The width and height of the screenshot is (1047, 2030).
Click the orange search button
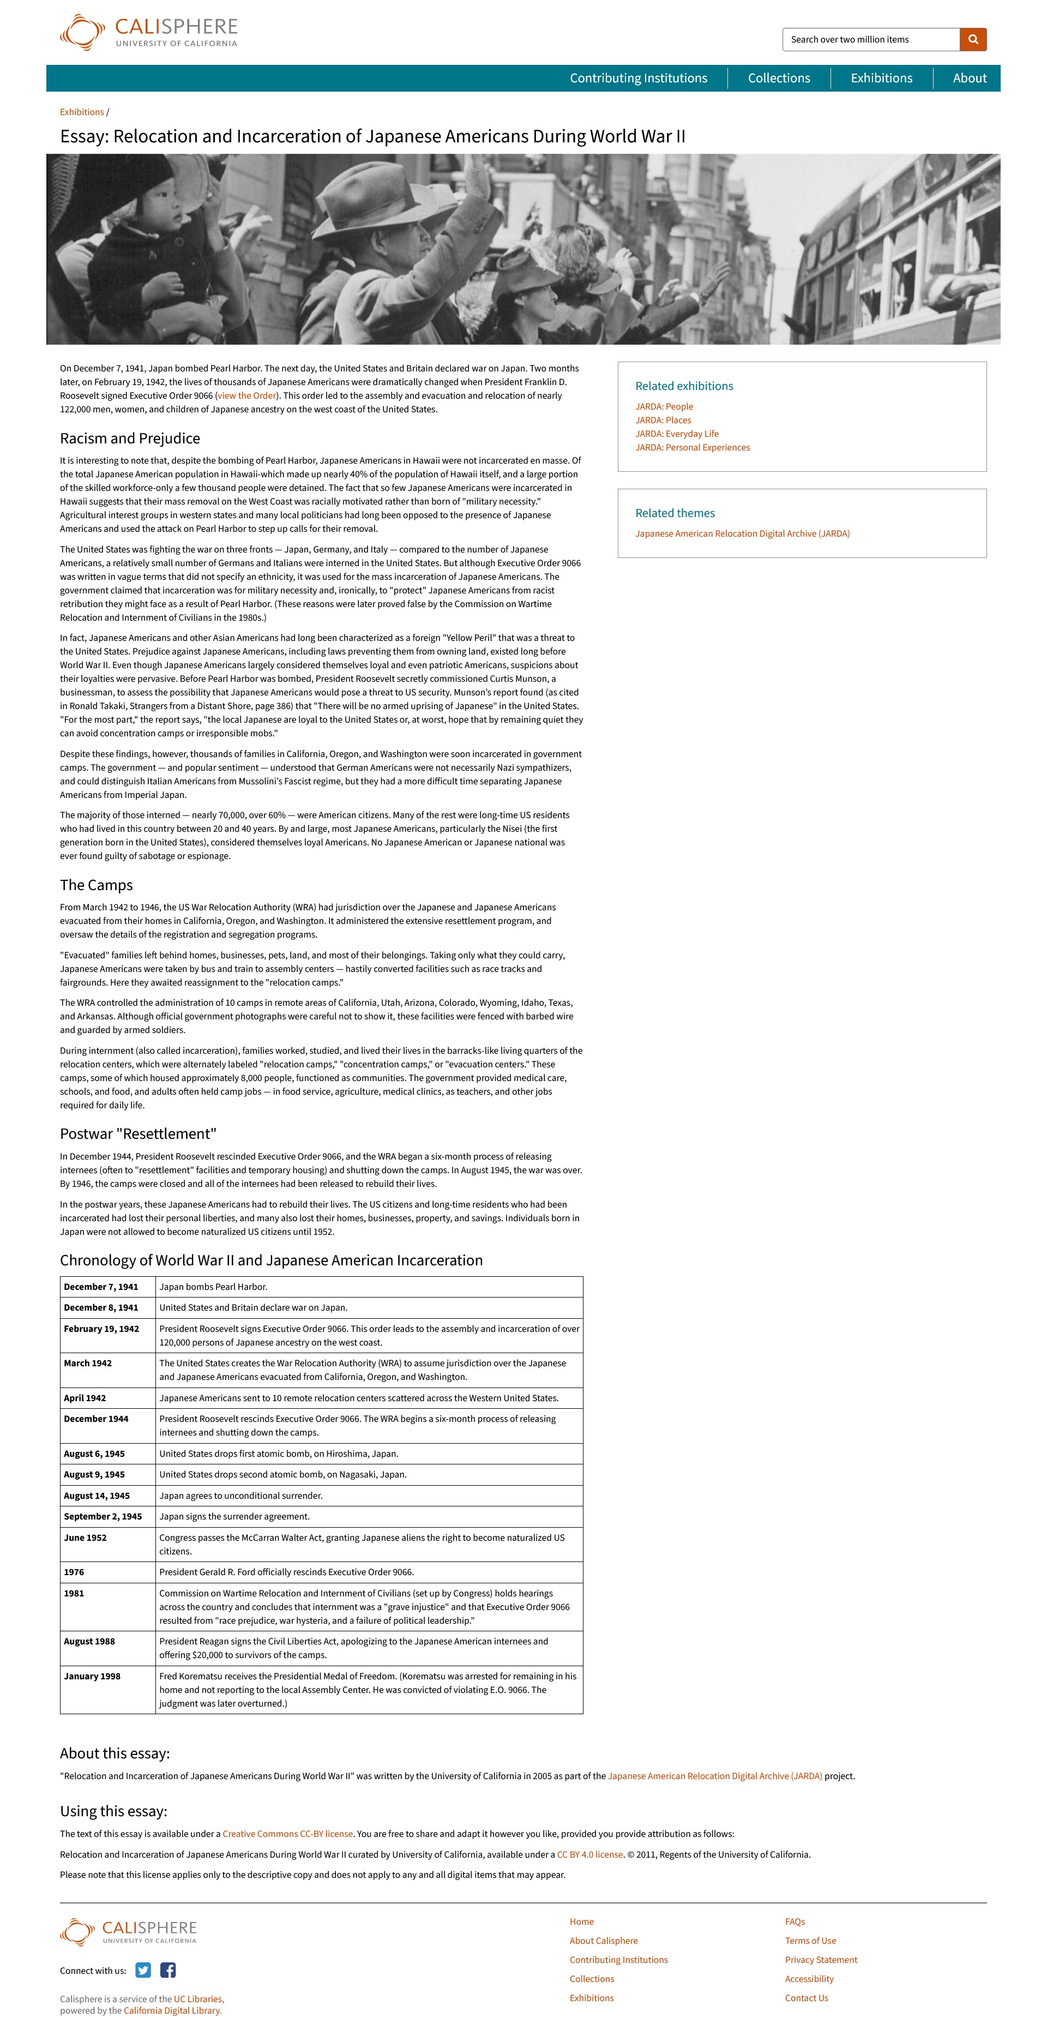[973, 39]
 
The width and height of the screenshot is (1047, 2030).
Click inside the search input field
[870, 39]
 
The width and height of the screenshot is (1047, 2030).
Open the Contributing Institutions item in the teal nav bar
[638, 78]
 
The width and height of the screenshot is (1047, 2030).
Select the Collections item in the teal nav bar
[778, 78]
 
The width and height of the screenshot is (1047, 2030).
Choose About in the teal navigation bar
[969, 78]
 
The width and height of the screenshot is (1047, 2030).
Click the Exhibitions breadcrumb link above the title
[82, 112]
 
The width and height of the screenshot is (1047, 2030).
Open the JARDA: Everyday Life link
[677, 434]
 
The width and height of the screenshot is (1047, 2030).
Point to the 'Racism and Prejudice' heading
[130, 438]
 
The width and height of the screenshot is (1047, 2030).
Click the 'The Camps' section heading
[96, 885]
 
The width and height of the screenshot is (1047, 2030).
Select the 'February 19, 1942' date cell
[101, 1329]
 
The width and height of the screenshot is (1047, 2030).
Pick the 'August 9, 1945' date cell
[94, 1474]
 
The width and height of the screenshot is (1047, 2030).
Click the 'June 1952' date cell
[85, 1537]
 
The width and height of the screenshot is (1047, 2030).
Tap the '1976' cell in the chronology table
[74, 1572]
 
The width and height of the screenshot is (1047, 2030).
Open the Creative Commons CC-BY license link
[287, 1834]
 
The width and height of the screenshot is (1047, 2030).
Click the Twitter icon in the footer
[142, 1970]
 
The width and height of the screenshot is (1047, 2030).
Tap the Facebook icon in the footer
[168, 1970]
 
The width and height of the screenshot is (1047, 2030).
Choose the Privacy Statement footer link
[821, 1960]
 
